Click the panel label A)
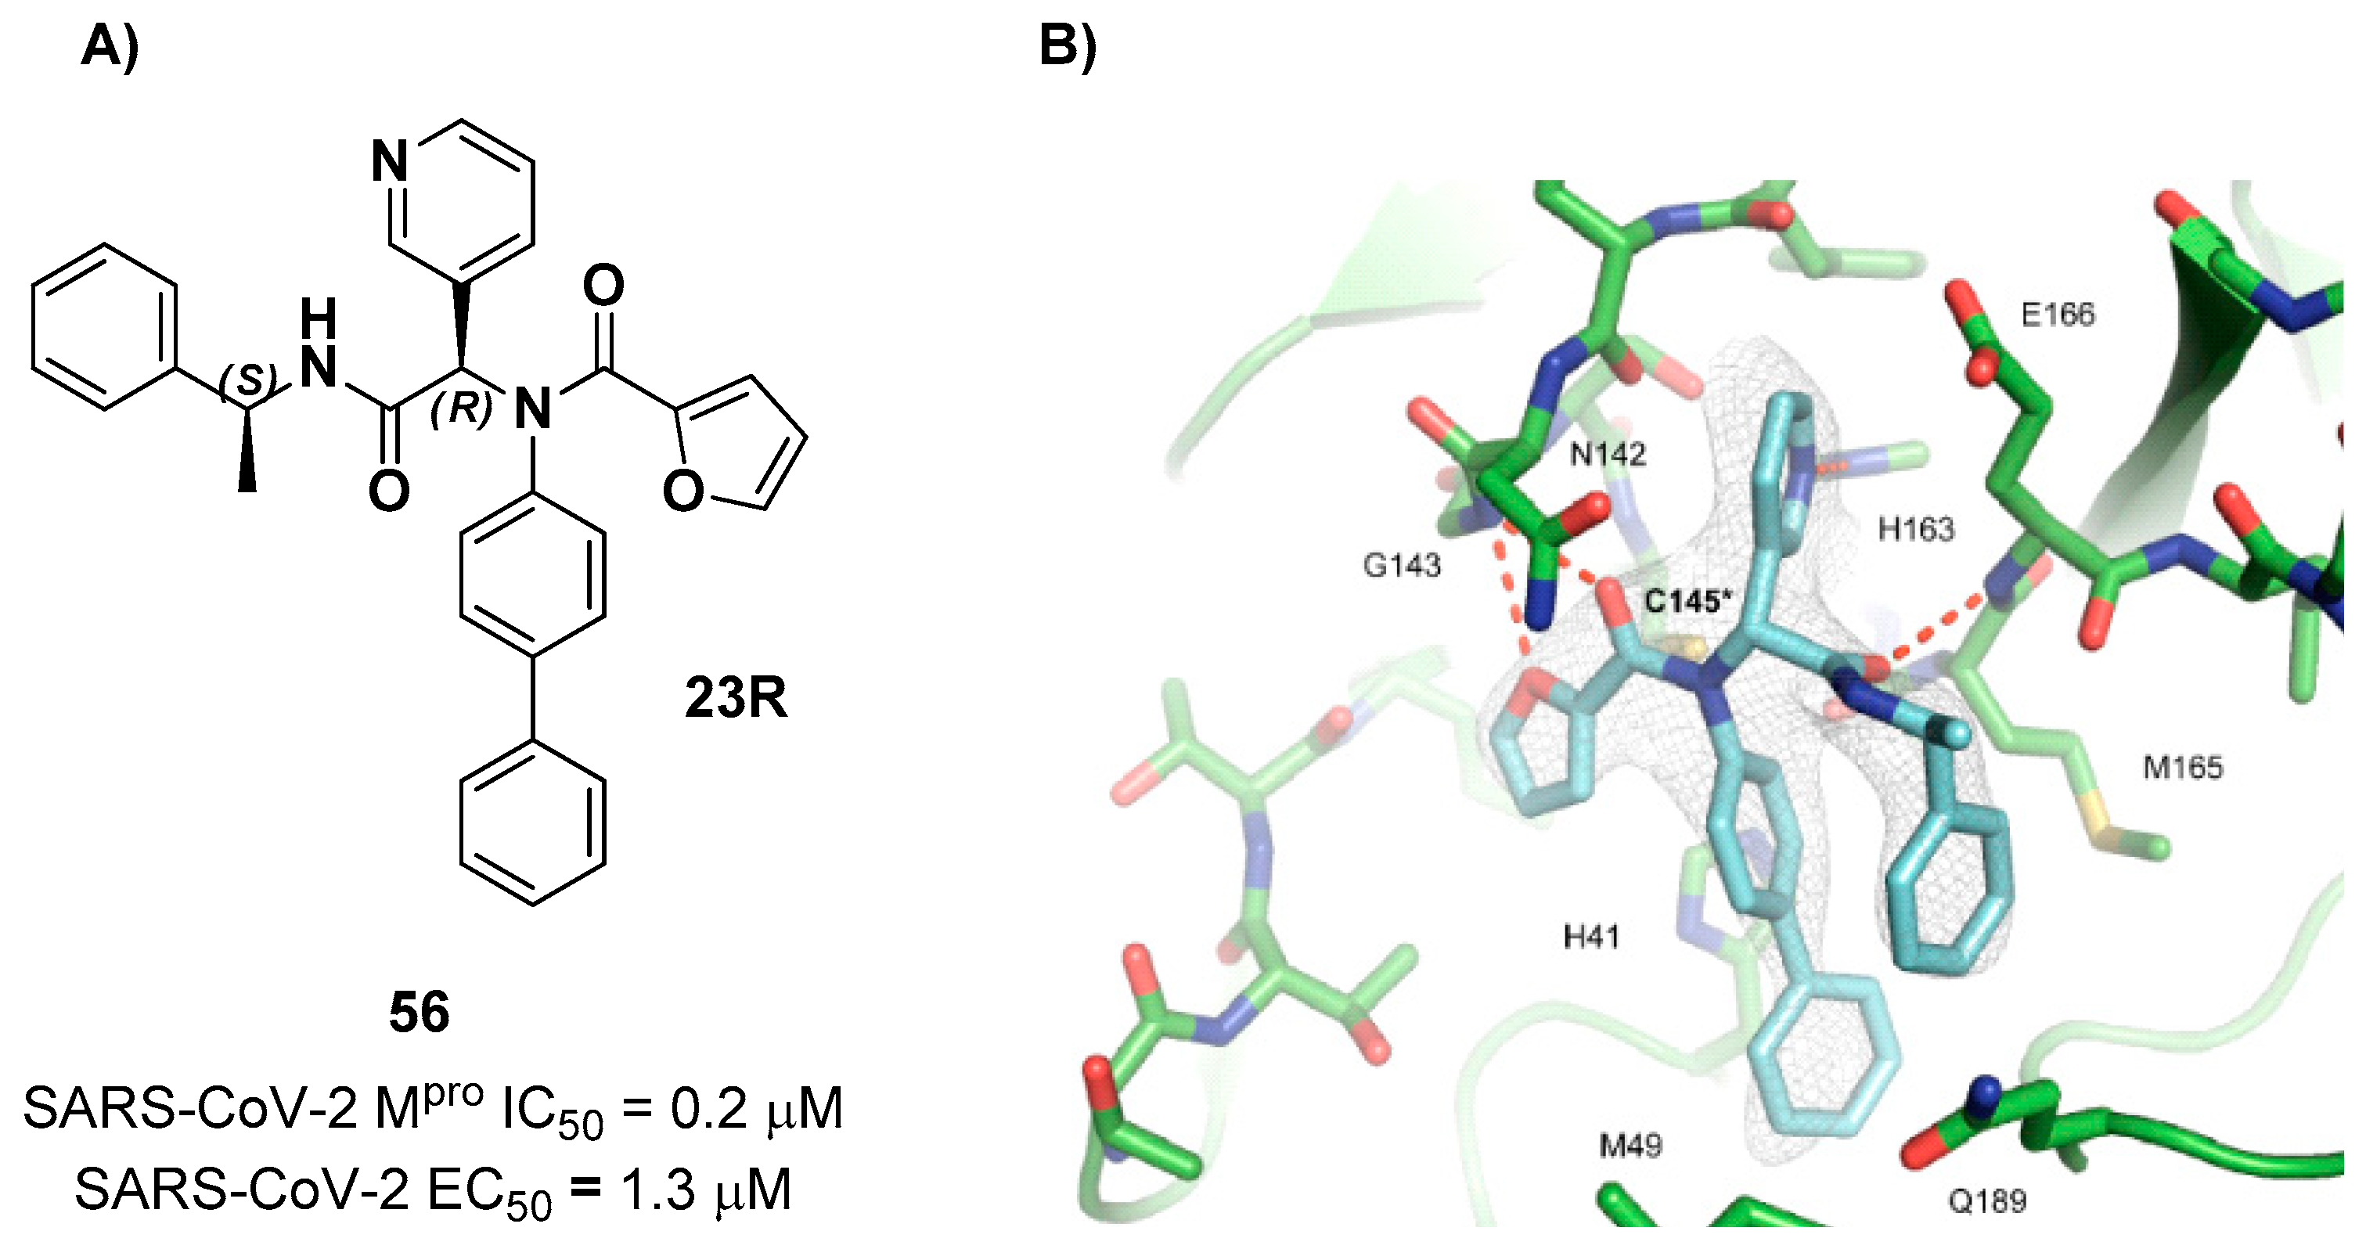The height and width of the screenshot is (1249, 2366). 110,46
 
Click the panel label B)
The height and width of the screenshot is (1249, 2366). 1068,46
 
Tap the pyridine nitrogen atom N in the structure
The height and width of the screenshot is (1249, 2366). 390,164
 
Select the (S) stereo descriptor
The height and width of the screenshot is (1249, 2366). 248,380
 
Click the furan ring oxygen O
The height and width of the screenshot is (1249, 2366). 682,491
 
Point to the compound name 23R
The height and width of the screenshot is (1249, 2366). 735,699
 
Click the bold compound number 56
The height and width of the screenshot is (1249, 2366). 419,1013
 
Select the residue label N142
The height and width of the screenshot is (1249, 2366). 1608,454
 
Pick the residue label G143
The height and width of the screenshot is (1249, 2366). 1402,566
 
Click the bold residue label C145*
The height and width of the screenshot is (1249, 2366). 1687,602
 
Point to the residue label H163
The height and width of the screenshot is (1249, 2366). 1916,529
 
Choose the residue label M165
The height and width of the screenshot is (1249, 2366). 2182,767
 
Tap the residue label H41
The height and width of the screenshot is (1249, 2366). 1592,938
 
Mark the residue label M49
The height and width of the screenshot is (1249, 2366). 1630,1145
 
